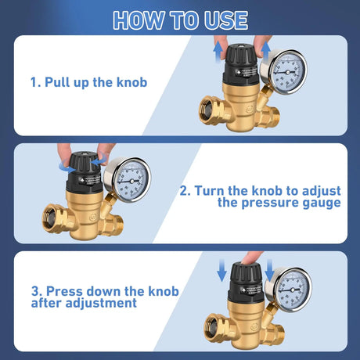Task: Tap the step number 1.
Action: click(x=34, y=81)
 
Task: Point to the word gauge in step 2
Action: click(x=320, y=203)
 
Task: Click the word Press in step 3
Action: click(x=63, y=291)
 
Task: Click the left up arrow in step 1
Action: click(x=217, y=54)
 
